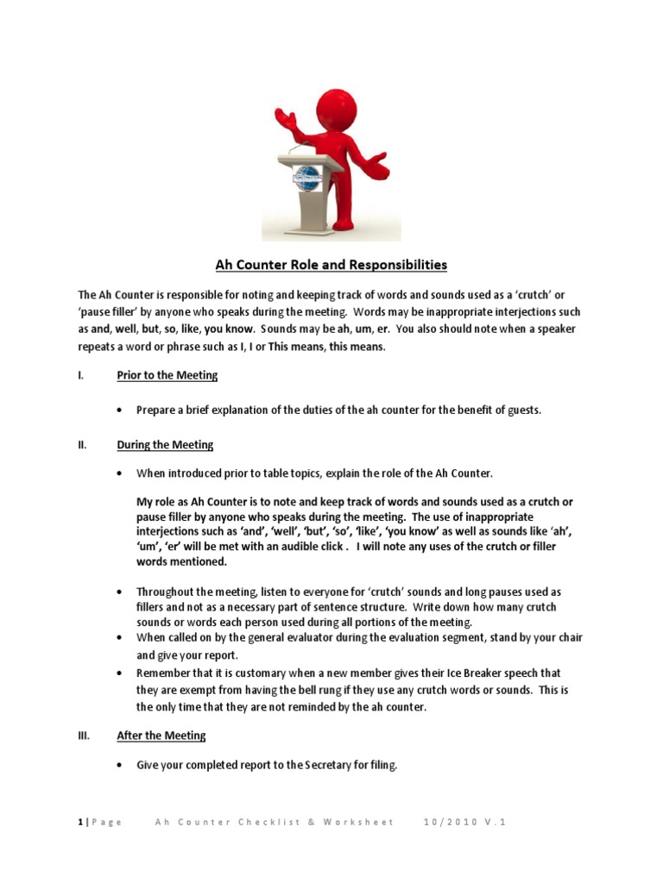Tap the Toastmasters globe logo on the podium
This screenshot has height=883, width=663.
click(306, 178)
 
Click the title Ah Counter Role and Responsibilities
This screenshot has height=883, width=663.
click(331, 265)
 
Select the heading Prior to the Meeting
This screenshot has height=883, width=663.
click(167, 375)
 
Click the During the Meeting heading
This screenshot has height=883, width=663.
click(165, 445)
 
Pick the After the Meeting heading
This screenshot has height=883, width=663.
click(161, 736)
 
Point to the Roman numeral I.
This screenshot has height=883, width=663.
click(80, 375)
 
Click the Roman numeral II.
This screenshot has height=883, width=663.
click(82, 445)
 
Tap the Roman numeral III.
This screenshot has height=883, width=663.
click(84, 736)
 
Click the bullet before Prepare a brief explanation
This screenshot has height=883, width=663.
click(119, 410)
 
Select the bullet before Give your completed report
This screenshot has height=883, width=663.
click(119, 766)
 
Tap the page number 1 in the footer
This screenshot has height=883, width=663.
click(79, 822)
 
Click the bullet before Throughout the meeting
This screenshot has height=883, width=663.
click(119, 592)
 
